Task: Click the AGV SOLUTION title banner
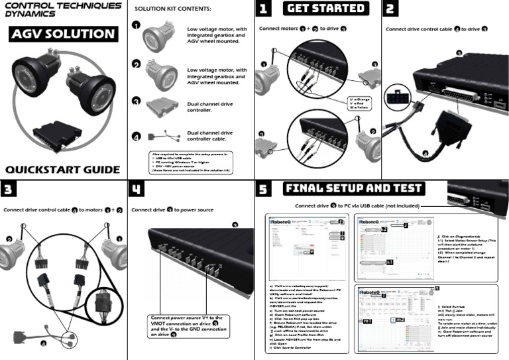tap(64, 34)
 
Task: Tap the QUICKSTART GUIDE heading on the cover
tap(63, 169)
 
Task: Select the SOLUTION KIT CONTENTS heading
tap(173, 9)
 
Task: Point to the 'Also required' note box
tap(191, 162)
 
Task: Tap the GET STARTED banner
tap(325, 9)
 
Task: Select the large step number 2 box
tap(391, 9)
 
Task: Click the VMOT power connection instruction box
tap(186, 326)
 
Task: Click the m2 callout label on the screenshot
tap(400, 321)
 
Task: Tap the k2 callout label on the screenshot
tap(383, 229)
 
